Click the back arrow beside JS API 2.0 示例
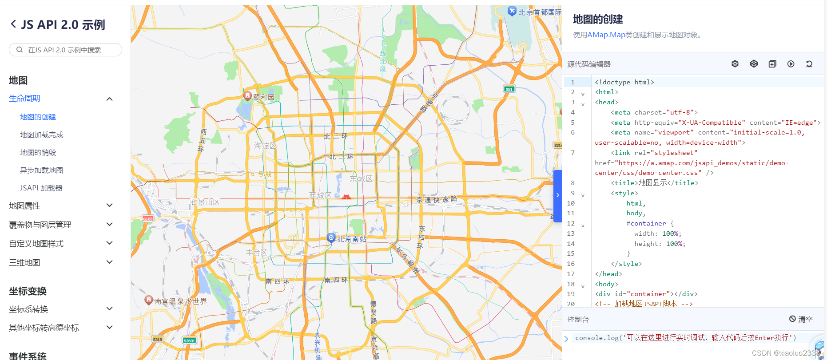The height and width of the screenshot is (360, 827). pyautogui.click(x=13, y=24)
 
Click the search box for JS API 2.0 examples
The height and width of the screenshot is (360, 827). pyautogui.click(x=65, y=50)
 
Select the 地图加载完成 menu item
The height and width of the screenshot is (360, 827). pyautogui.click(x=42, y=135)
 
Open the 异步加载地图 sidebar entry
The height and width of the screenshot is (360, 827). pyautogui.click(x=42, y=170)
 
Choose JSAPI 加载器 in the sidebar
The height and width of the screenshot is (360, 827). pyautogui.click(x=41, y=188)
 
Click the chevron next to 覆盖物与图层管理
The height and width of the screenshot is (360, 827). pyautogui.click(x=110, y=225)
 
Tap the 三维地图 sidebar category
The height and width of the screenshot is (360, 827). pyautogui.click(x=25, y=262)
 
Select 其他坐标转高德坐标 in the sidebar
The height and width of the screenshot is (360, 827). pyautogui.click(x=44, y=328)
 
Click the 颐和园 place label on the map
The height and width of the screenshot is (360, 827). pyautogui.click(x=264, y=97)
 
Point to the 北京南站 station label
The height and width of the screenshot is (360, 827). pyautogui.click(x=351, y=239)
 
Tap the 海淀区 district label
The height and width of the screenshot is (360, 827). pyautogui.click(x=265, y=146)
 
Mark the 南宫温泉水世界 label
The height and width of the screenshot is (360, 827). pyautogui.click(x=181, y=301)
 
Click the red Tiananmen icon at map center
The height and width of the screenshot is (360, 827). pyautogui.click(x=346, y=196)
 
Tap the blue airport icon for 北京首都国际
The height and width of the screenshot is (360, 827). pyautogui.click(x=512, y=11)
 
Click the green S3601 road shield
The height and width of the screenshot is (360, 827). pyautogui.click(x=189, y=340)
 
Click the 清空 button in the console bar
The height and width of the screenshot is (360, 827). pyautogui.click(x=801, y=319)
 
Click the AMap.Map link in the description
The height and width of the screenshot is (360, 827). pyautogui.click(x=606, y=35)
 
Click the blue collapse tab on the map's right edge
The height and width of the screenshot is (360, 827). pyautogui.click(x=557, y=195)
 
